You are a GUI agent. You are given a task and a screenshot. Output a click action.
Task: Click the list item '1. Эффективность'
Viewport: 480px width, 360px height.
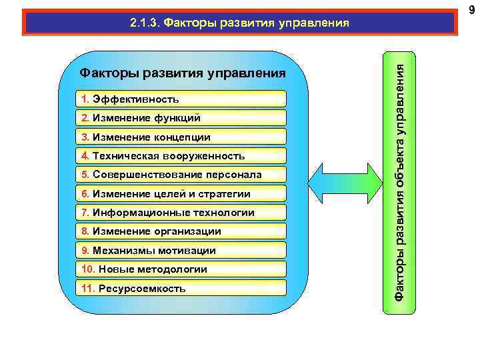coord(180,99)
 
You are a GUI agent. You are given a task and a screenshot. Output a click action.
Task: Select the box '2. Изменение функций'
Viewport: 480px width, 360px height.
coord(180,118)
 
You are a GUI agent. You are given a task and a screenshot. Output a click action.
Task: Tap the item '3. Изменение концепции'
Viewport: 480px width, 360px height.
coord(180,137)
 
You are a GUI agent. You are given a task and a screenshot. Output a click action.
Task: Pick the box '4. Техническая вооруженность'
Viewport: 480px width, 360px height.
coord(180,156)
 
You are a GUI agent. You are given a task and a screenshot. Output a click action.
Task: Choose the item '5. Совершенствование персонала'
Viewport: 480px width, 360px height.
coord(180,175)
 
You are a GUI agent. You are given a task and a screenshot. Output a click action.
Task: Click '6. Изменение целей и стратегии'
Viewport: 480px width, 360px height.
coord(180,194)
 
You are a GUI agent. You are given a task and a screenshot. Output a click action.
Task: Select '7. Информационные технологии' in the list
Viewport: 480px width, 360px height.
coord(180,213)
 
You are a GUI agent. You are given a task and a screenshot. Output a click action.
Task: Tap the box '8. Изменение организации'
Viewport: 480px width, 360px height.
coord(180,231)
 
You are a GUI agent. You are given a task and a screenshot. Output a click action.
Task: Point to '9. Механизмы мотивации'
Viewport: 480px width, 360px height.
coord(180,251)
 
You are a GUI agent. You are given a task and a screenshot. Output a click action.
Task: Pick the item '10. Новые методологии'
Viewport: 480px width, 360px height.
coord(180,269)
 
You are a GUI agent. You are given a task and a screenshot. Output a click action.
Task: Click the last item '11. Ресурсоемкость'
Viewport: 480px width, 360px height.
coord(180,289)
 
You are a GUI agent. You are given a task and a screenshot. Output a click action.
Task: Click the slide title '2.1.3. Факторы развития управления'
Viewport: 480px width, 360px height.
coord(239,23)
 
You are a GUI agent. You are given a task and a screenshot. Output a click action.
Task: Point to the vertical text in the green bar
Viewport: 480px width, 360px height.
coord(400,180)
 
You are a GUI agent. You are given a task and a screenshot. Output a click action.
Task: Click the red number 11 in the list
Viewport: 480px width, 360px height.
coord(87,289)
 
